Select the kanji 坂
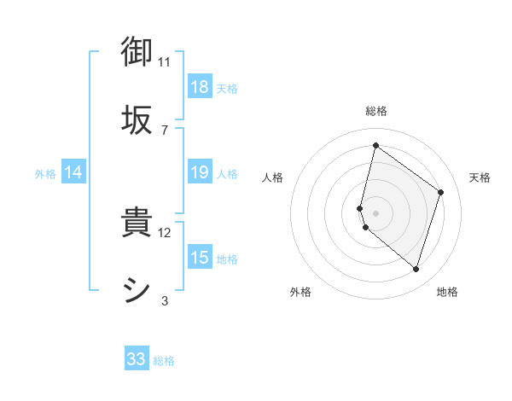tap(137, 119)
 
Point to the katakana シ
tap(137, 289)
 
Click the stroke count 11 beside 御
tap(165, 61)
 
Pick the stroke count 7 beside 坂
tap(165, 130)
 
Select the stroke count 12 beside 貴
tap(165, 232)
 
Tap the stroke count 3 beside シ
tap(165, 300)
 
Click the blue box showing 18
tap(200, 87)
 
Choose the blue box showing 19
tap(200, 172)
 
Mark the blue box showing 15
tap(200, 258)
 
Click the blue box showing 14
tap(73, 172)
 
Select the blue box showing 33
tap(137, 359)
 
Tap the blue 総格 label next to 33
tap(164, 361)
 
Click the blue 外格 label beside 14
tap(45, 173)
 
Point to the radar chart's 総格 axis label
tap(376, 111)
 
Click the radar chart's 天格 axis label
tap(480, 177)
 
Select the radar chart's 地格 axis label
tap(447, 292)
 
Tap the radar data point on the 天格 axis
tap(441, 192)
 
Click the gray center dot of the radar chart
tap(375, 212)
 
